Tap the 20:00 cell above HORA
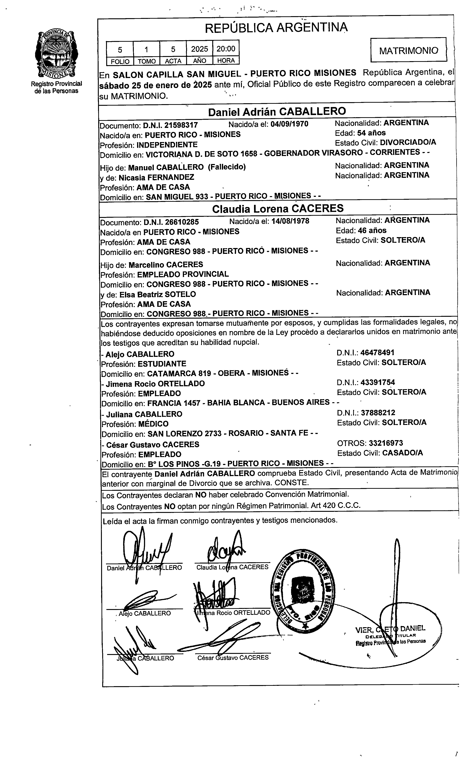(226, 49)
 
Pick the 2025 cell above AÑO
(200, 49)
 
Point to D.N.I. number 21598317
(181, 125)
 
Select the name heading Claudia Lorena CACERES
(278, 208)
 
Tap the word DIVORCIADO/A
(408, 142)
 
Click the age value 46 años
(372, 230)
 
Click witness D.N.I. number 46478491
(377, 353)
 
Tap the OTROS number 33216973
(386, 443)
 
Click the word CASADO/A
(402, 453)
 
